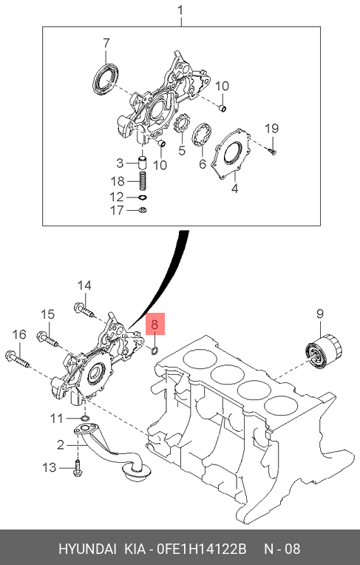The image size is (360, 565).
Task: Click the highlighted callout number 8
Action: click(x=154, y=325)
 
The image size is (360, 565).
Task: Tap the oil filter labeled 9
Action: click(x=324, y=351)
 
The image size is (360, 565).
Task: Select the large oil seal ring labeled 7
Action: click(x=106, y=80)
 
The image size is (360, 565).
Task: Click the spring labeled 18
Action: click(x=143, y=181)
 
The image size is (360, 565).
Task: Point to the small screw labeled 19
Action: click(x=273, y=151)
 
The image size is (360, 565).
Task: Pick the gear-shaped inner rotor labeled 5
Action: click(x=182, y=124)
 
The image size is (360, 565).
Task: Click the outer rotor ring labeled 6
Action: click(x=203, y=134)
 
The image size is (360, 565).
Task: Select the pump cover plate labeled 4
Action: click(x=231, y=154)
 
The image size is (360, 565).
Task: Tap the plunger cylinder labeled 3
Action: click(x=143, y=163)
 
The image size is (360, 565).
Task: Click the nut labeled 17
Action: click(x=143, y=210)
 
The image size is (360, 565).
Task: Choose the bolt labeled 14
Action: click(x=84, y=311)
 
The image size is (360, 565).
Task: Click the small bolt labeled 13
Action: click(x=78, y=469)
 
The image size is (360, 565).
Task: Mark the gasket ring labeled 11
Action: click(x=85, y=419)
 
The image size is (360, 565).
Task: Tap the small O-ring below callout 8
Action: click(x=155, y=350)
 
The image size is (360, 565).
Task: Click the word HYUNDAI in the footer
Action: click(x=87, y=549)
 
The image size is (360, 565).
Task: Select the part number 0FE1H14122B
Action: click(x=203, y=549)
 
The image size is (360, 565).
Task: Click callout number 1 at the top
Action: click(x=180, y=12)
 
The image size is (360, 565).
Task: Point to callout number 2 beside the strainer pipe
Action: click(x=60, y=445)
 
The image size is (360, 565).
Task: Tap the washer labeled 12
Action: click(x=143, y=197)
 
